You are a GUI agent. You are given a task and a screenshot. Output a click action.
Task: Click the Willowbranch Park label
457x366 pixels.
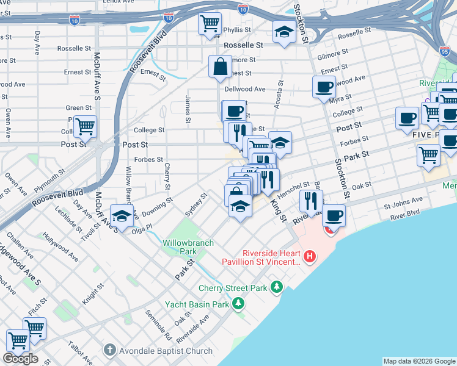pos(188,247)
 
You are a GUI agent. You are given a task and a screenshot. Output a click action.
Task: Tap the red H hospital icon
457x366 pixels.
pos(310,256)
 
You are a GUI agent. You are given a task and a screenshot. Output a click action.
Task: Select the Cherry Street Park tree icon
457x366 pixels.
pos(277,285)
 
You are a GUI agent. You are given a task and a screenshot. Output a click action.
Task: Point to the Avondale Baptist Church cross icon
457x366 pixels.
pos(109,350)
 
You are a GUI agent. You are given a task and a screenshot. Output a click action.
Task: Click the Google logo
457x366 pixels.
pos(20,359)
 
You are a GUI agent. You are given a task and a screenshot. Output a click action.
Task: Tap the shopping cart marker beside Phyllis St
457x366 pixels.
pos(210,24)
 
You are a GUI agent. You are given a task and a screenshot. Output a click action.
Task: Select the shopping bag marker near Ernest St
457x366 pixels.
pos(220,66)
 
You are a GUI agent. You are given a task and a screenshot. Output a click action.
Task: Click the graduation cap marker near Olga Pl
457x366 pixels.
pos(122,216)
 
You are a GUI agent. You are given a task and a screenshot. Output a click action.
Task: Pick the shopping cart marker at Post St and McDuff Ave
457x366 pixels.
pos(85,127)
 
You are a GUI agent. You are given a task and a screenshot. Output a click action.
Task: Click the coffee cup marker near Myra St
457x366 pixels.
pos(324,86)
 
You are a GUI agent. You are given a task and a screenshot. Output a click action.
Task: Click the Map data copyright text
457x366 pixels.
pos(419,361)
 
